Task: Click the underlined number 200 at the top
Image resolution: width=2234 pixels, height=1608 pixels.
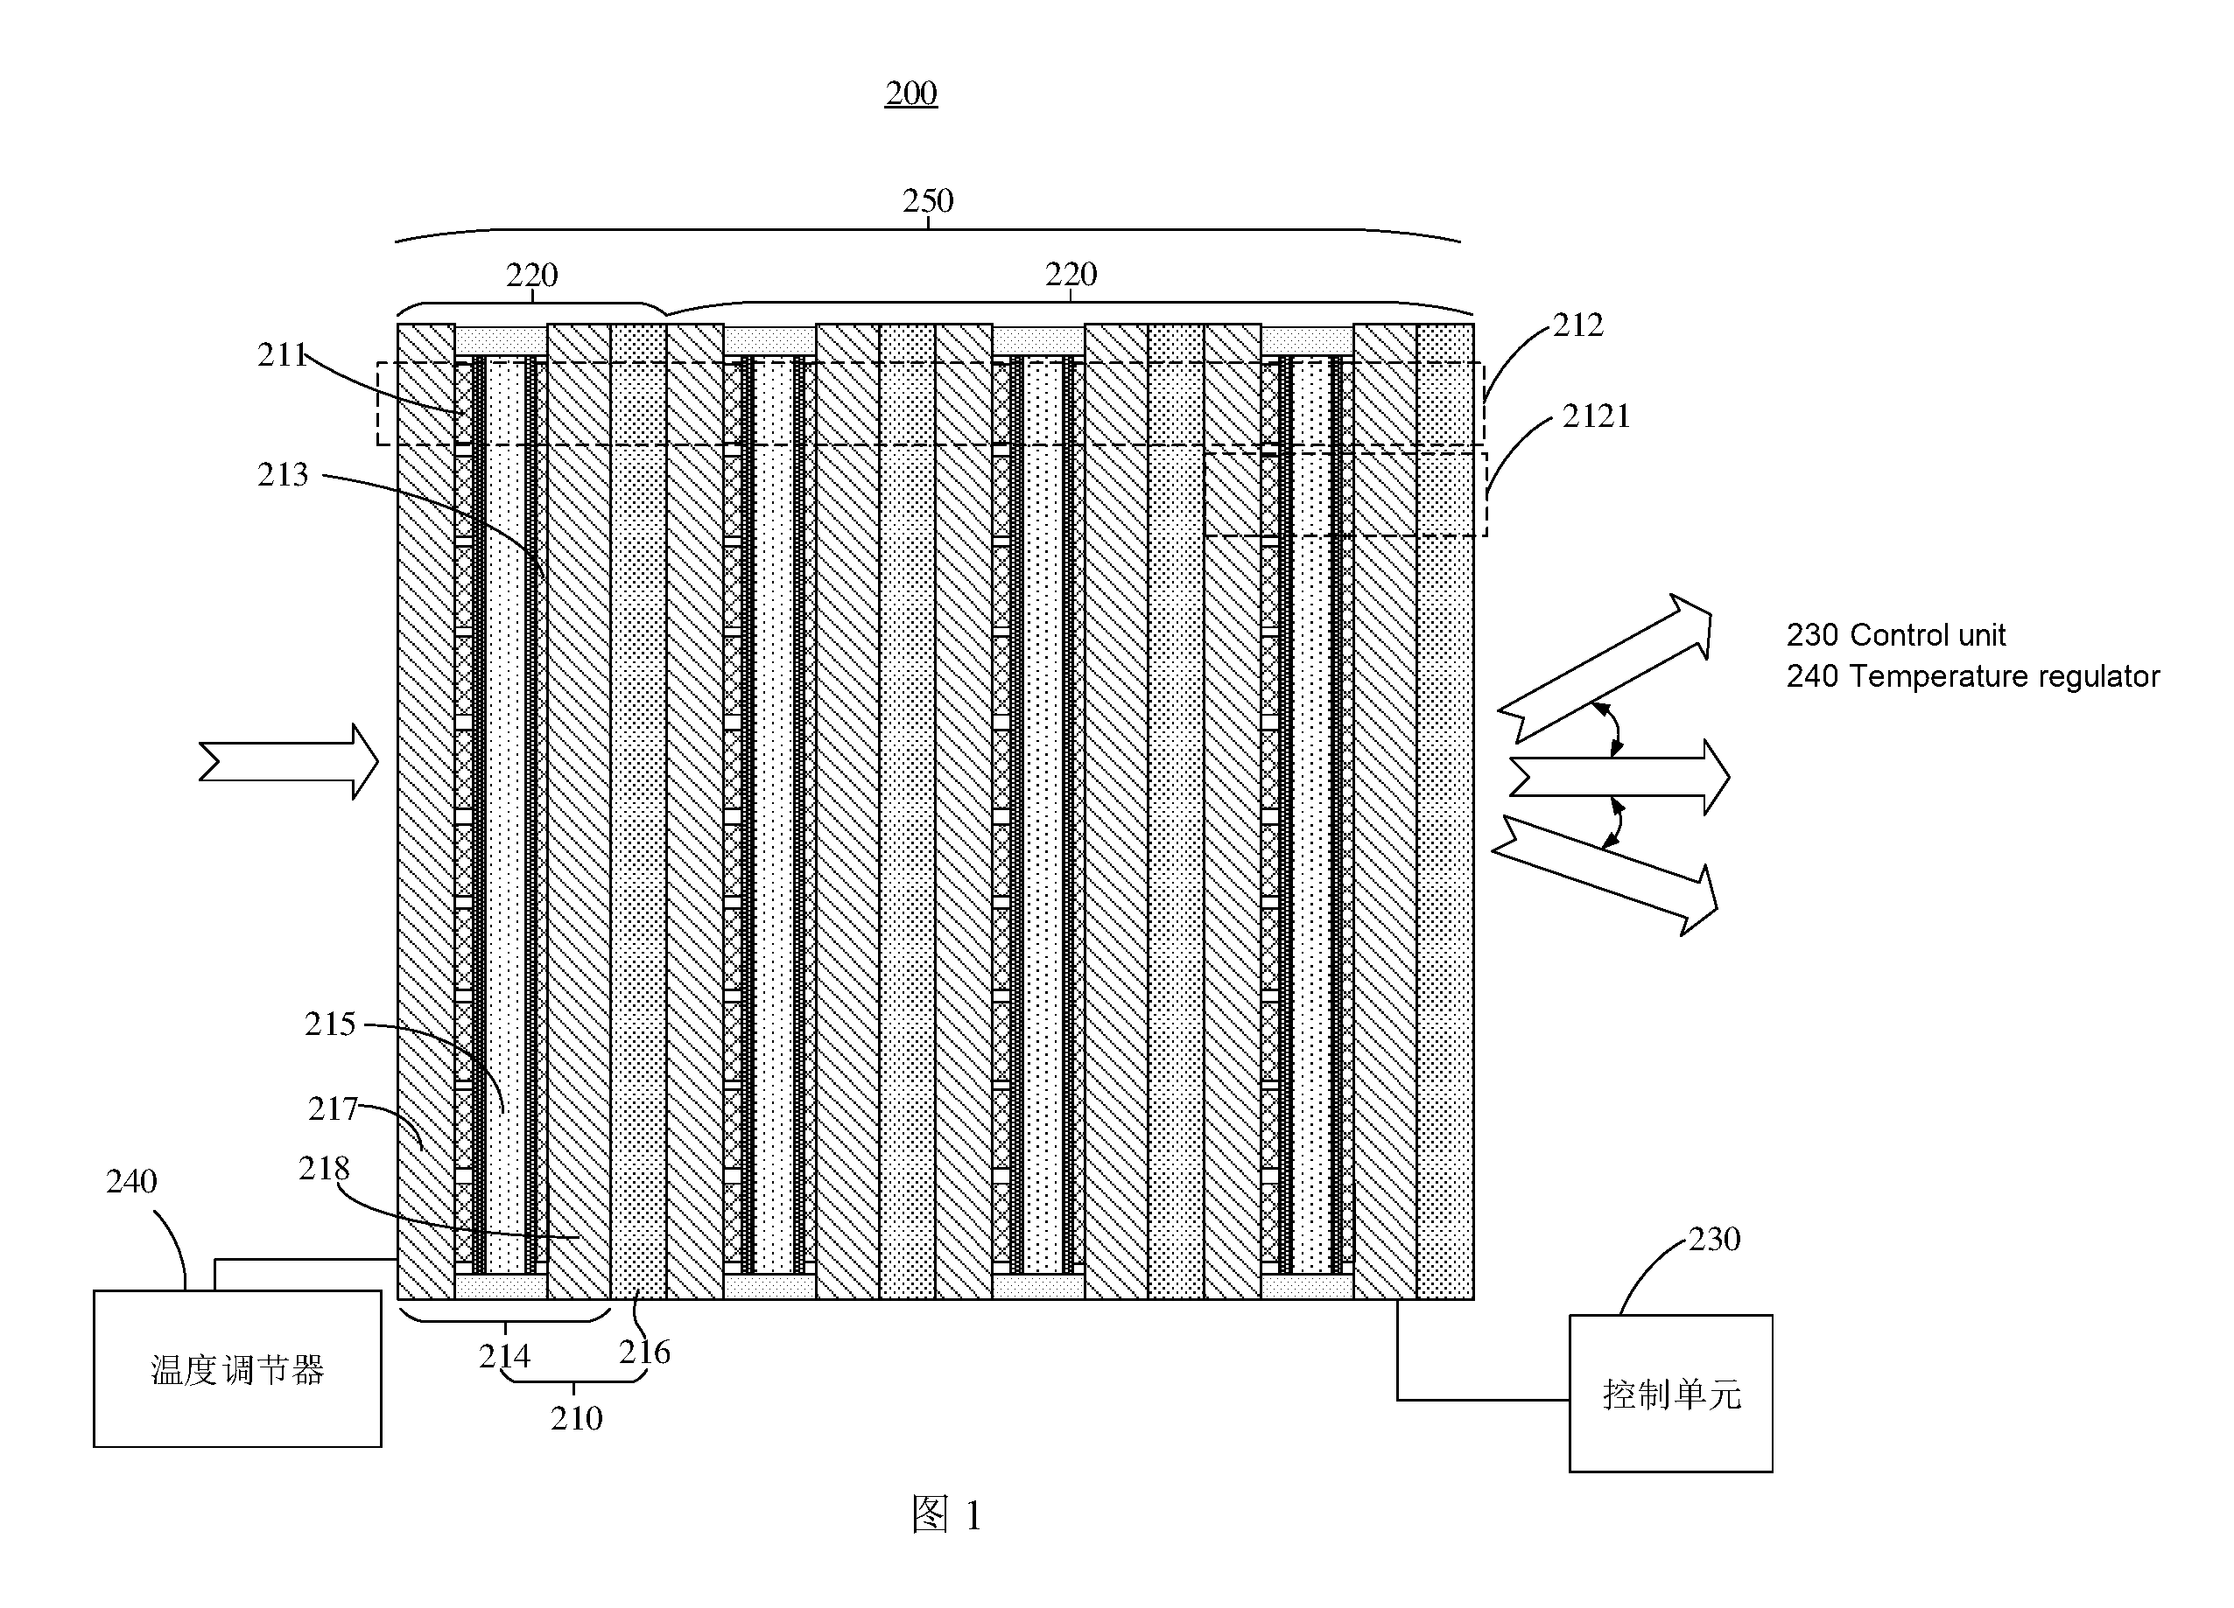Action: click(911, 94)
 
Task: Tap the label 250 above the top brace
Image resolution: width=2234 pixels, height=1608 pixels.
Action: click(928, 201)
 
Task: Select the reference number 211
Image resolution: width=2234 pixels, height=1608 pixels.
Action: click(284, 354)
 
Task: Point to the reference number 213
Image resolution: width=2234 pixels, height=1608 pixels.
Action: click(283, 475)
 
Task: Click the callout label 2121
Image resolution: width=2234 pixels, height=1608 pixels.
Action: click(1597, 416)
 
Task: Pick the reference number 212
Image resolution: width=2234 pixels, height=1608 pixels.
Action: click(1578, 325)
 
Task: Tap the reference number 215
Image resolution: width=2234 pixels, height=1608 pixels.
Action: click(330, 1024)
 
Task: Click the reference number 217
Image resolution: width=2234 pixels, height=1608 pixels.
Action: click(333, 1108)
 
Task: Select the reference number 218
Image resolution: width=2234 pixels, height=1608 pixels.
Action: click(324, 1169)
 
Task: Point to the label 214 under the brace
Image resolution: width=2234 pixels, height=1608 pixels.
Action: click(504, 1357)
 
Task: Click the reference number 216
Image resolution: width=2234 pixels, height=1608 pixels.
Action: click(644, 1352)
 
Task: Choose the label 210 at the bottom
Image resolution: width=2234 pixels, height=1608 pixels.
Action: click(576, 1418)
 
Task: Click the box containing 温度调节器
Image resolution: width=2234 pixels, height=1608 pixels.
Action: click(237, 1368)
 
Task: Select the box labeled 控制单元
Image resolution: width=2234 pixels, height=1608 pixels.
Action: click(1671, 1394)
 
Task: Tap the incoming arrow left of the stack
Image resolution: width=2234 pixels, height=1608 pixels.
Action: click(289, 761)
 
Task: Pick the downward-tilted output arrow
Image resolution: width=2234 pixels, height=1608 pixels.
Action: click(1605, 874)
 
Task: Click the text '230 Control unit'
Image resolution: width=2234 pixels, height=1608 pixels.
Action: click(1896, 635)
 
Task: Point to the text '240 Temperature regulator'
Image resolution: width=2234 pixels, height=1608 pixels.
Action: click(1973, 676)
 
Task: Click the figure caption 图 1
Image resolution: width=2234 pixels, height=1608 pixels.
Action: click(946, 1514)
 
